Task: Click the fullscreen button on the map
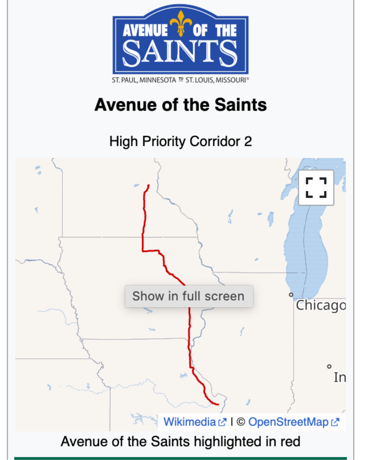pos(316,187)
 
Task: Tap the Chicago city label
pos(320,305)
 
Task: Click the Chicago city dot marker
pos(291,295)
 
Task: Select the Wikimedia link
pos(189,422)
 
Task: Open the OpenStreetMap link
pos(288,422)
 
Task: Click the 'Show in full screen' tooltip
pos(189,296)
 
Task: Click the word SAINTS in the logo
pos(180,53)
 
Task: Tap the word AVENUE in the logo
pos(145,31)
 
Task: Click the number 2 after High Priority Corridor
pos(248,141)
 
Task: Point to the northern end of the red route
pos(149,185)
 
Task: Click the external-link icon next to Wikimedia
pos(223,422)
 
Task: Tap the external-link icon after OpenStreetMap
pos(335,422)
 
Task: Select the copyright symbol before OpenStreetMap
pos(241,422)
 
